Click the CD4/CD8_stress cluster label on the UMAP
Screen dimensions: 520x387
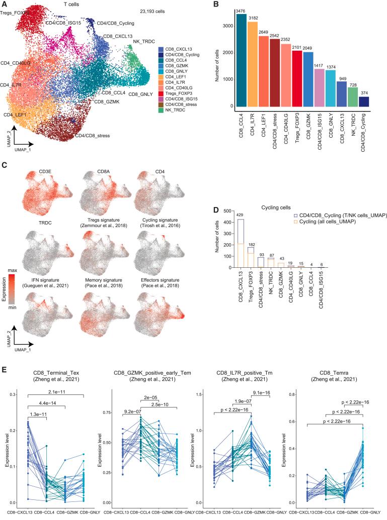92,136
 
